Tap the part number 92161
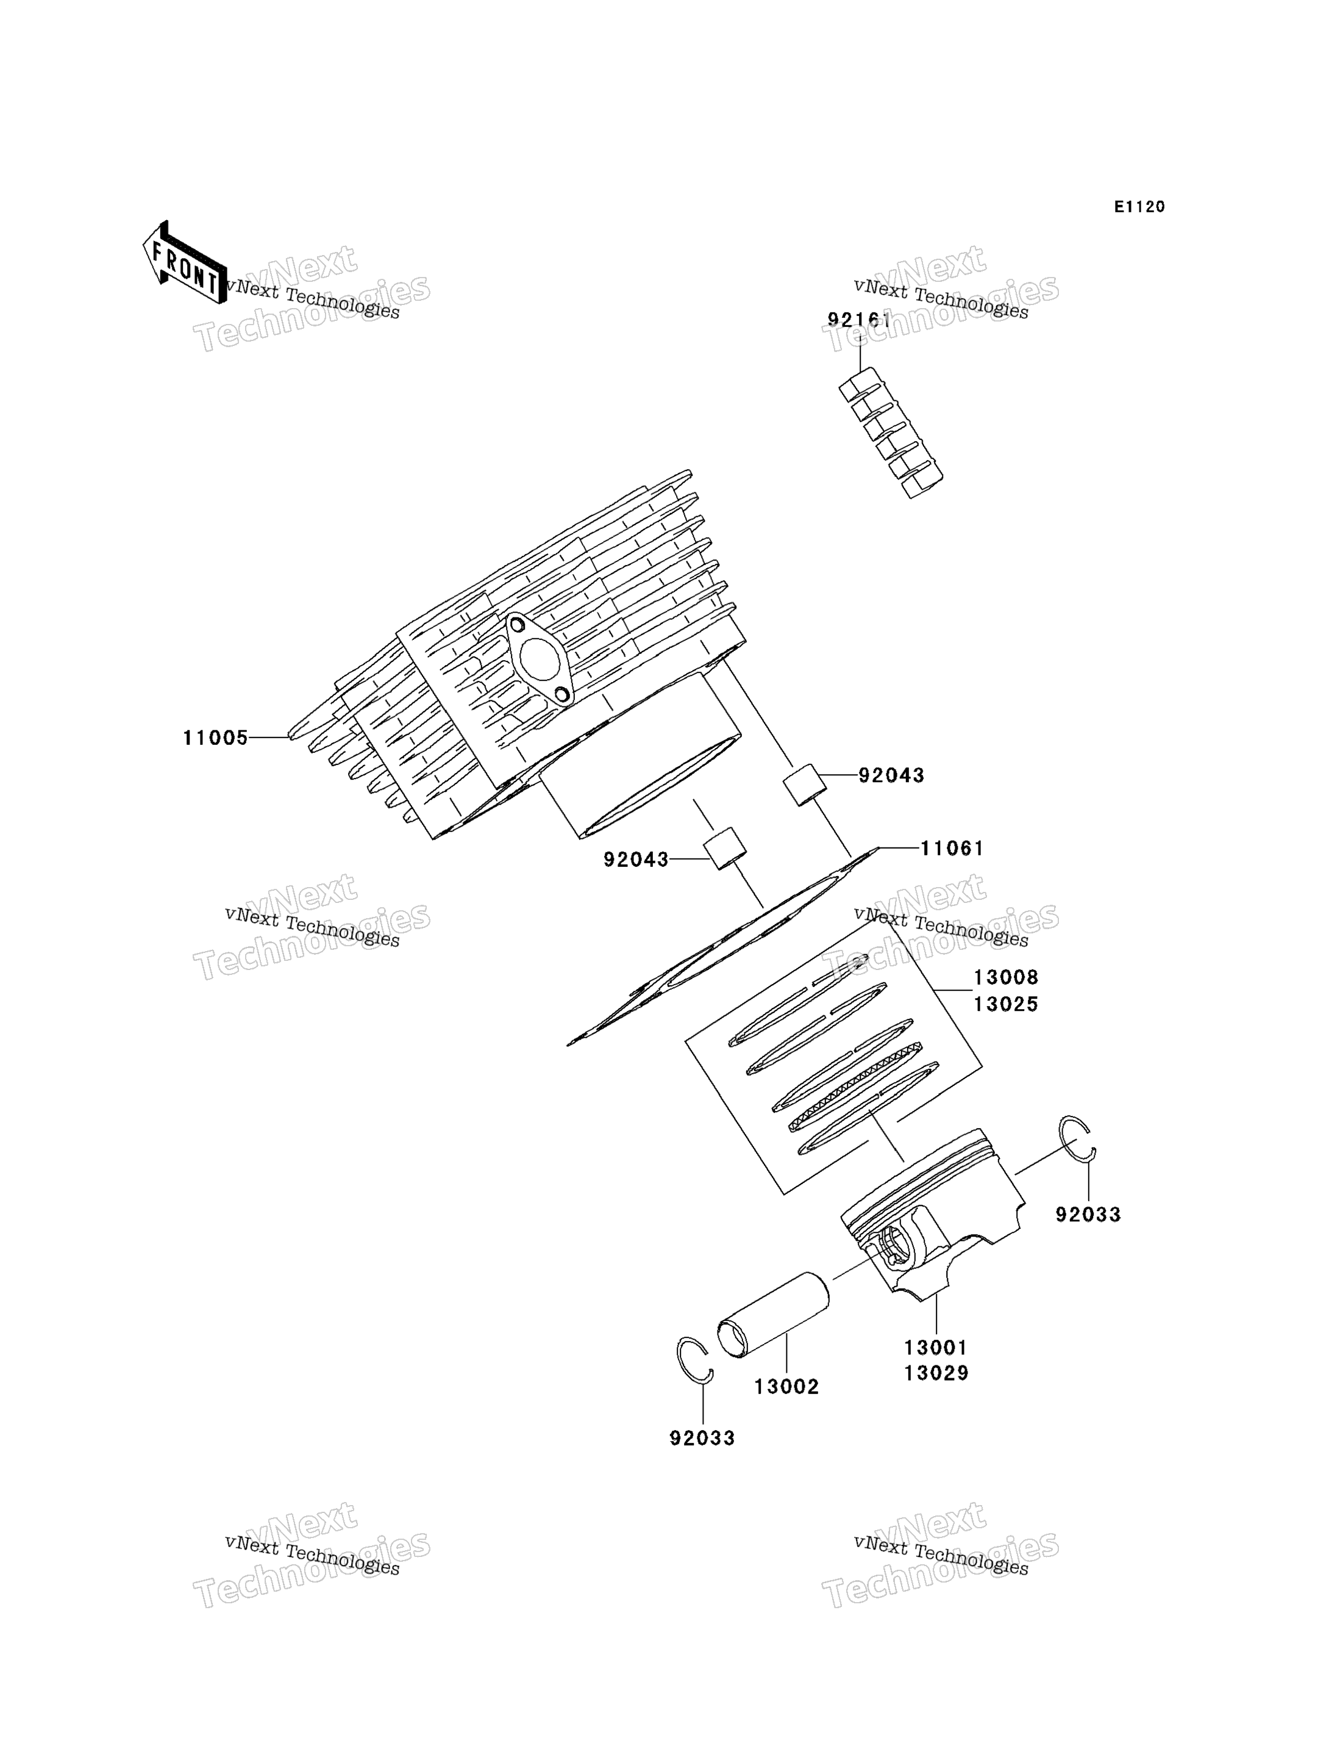(x=859, y=321)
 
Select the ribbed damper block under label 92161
(x=890, y=433)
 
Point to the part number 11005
(x=215, y=738)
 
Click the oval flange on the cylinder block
(x=539, y=659)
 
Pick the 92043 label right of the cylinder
(x=891, y=775)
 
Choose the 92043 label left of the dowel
(x=636, y=860)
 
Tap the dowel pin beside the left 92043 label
(x=724, y=849)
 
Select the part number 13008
(x=1006, y=977)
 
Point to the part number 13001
(x=936, y=1348)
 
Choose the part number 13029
(x=936, y=1373)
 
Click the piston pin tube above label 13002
(x=773, y=1315)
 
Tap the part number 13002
(x=786, y=1387)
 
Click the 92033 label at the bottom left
(x=702, y=1438)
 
